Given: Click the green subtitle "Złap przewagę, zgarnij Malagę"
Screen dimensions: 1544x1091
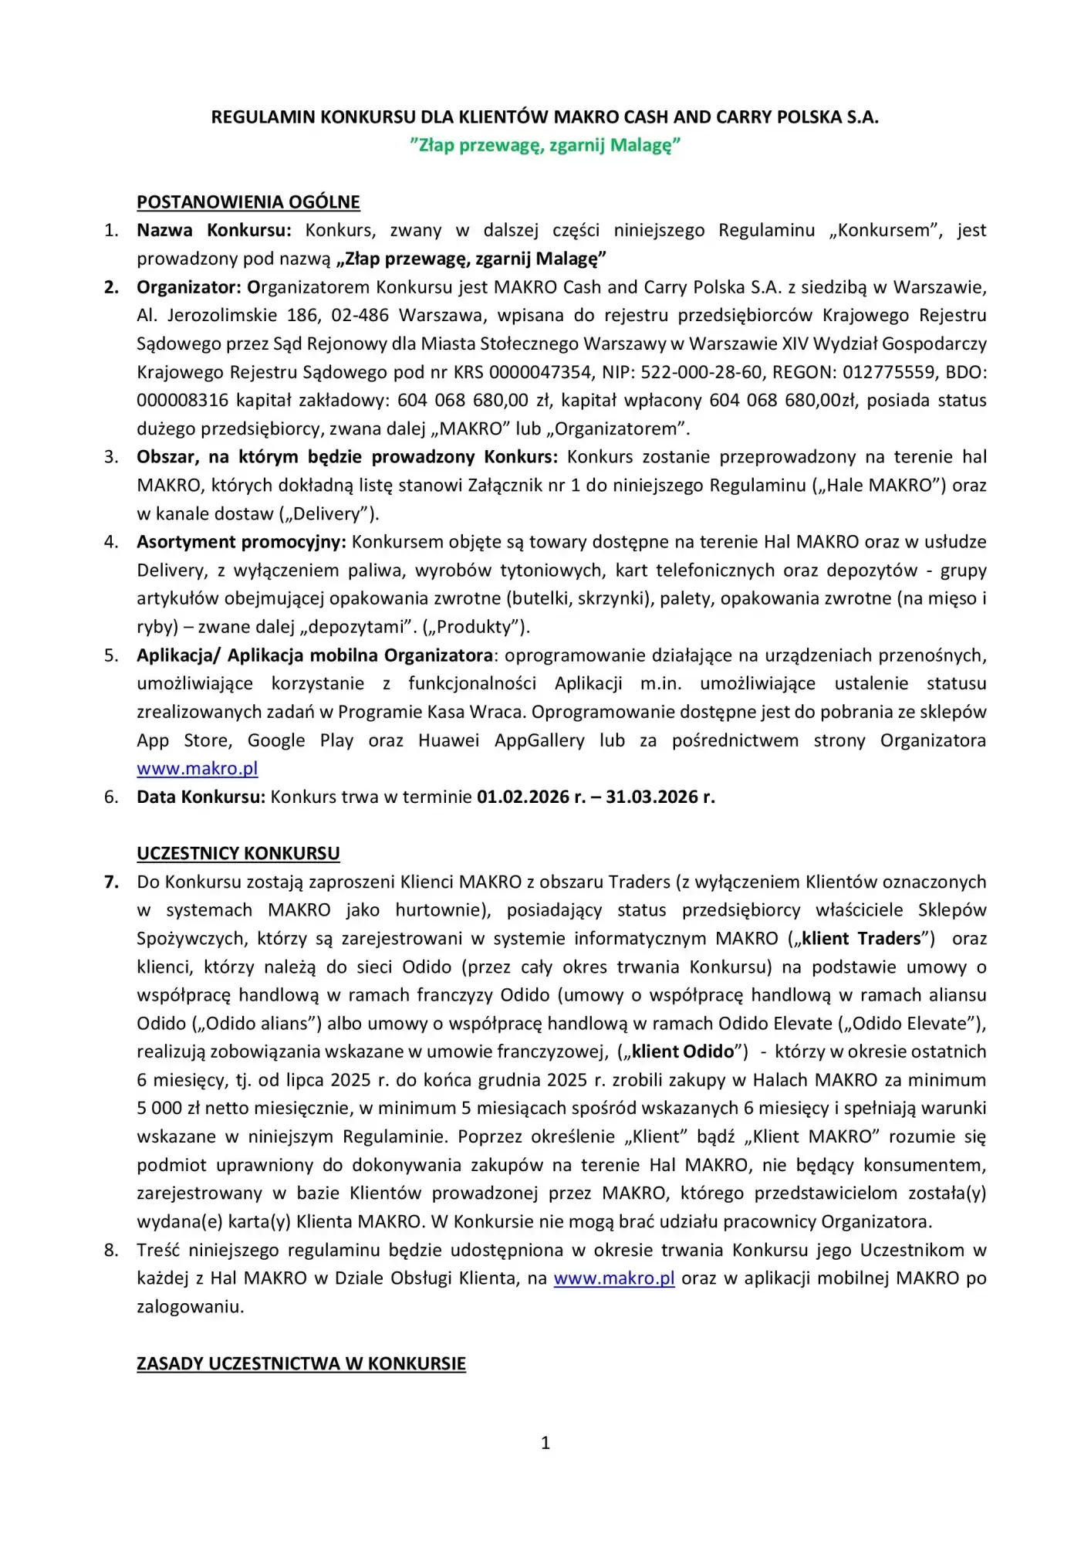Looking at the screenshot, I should click(545, 145).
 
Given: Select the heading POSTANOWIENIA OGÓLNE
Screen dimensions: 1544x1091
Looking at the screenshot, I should click(248, 202).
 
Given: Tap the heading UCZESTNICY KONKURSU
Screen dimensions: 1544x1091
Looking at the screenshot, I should click(238, 853).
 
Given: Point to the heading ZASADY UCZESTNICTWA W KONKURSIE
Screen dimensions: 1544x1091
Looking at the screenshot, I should click(301, 1363).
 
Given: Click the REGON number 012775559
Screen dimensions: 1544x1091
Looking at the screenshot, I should click(887, 372).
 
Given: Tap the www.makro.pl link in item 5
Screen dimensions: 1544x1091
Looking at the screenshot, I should click(197, 768).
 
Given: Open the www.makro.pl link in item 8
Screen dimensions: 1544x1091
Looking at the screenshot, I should click(613, 1278).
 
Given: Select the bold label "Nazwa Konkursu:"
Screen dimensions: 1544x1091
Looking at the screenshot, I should click(214, 230).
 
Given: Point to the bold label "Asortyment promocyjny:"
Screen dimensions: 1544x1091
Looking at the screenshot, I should click(242, 542).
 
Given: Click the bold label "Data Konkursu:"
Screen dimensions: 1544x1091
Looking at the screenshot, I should click(201, 797).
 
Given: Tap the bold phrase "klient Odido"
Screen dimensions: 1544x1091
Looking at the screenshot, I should click(683, 1051).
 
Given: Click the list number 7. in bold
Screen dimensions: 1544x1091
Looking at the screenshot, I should click(111, 882).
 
